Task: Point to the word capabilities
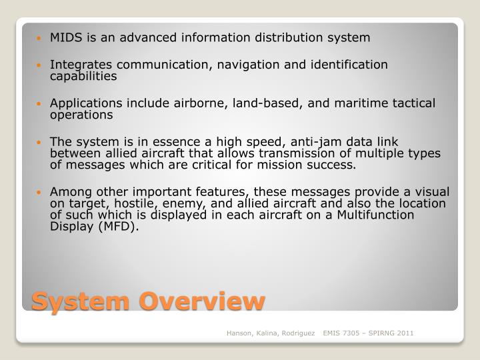[83, 76]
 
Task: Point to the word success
[334, 165]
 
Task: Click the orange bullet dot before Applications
[43, 104]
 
